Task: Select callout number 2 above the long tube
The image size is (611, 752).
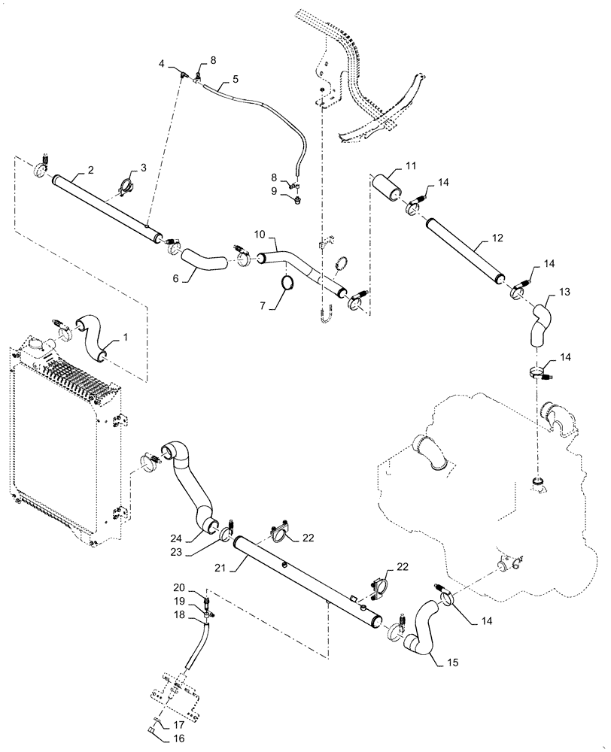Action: [x=90, y=171]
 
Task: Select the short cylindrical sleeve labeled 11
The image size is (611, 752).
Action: [x=391, y=184]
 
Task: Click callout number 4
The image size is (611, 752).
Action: [x=161, y=65]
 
